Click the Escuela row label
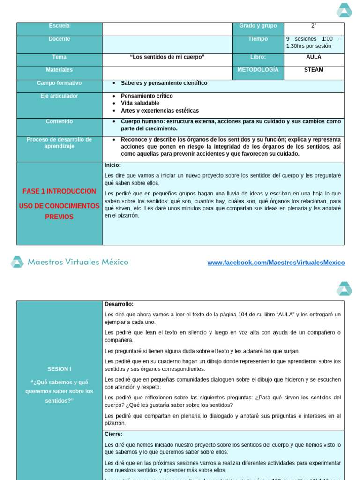click(59, 26)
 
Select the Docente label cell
click(59, 39)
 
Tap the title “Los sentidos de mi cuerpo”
click(167, 57)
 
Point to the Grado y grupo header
click(258, 26)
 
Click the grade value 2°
click(314, 26)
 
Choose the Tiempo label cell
click(258, 39)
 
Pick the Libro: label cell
click(258, 57)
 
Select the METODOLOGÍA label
click(258, 70)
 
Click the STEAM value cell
click(314, 70)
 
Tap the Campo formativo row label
click(59, 83)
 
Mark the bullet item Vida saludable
click(140, 103)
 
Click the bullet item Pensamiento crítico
click(147, 96)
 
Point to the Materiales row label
click(59, 70)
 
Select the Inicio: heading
click(112, 165)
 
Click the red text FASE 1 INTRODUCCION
click(59, 191)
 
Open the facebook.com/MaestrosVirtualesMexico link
click(276, 263)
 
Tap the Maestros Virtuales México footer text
click(78, 262)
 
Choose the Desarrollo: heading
click(119, 304)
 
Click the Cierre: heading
click(113, 434)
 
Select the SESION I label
click(59, 369)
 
